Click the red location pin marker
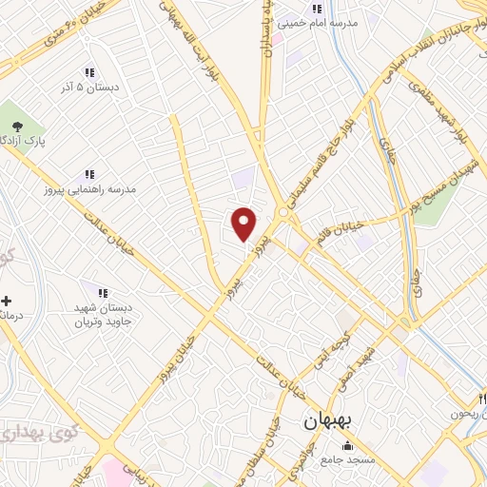click(x=245, y=224)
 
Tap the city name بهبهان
click(x=327, y=422)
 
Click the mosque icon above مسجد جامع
click(x=347, y=446)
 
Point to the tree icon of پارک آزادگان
click(x=16, y=125)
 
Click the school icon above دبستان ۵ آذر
click(x=89, y=72)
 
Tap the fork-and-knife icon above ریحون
click(x=470, y=399)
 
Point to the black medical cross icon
click(x=8, y=301)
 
